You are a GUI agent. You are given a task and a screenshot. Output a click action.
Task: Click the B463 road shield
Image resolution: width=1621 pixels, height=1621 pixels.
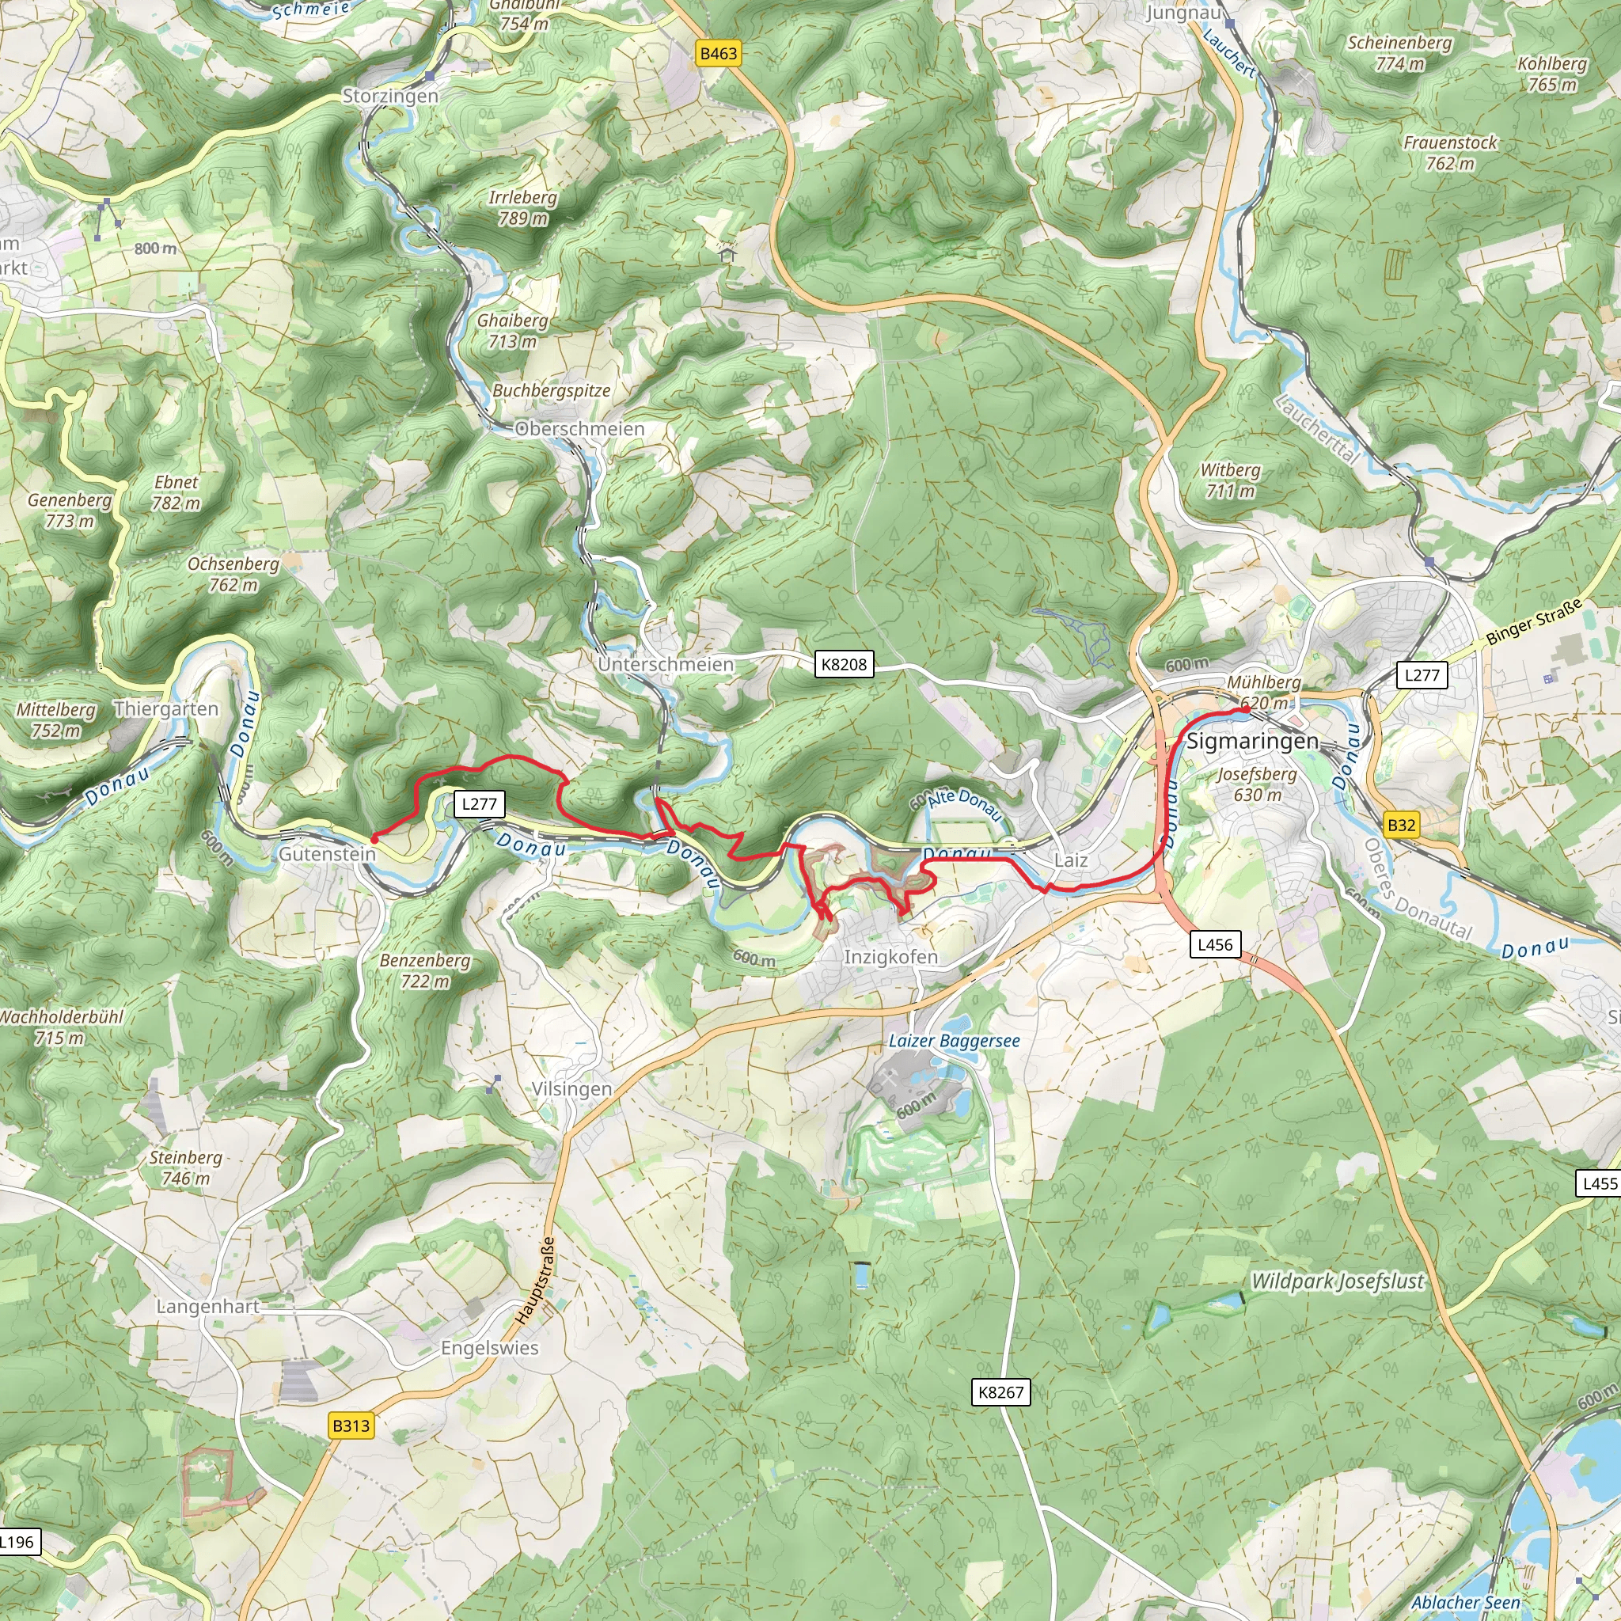[718, 54]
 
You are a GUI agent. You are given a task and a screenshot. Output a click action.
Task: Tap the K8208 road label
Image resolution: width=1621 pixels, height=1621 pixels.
[843, 665]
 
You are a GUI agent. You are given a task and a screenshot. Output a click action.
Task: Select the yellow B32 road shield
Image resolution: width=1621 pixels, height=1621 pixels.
[1401, 825]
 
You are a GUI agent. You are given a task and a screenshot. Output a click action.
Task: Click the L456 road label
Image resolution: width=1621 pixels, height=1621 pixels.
[1215, 945]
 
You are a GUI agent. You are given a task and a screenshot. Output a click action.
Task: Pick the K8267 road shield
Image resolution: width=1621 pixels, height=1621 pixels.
[1001, 1393]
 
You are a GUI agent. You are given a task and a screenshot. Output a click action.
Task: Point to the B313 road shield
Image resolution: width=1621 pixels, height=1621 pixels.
[351, 1425]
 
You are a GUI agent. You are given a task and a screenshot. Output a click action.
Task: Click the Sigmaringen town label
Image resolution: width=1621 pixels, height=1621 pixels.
[1252, 742]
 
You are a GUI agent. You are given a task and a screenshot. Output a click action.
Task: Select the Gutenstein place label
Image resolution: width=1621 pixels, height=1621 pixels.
[327, 854]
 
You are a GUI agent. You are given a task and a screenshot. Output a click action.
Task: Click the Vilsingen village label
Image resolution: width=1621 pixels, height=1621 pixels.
[571, 1089]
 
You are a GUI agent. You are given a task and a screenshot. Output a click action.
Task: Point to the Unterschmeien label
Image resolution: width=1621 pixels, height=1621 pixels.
[666, 665]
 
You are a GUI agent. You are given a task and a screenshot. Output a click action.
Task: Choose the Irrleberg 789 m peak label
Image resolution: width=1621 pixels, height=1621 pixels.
[522, 208]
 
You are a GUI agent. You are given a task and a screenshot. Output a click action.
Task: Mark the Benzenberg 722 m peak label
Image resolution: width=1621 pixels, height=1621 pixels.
[424, 970]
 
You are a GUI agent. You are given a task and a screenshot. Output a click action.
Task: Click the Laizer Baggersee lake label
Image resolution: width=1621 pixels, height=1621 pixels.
[954, 1042]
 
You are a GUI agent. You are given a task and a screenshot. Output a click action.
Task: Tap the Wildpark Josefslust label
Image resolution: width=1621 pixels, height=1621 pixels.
[1338, 1281]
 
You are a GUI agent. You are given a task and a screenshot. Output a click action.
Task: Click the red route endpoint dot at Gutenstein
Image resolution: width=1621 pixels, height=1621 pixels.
[374, 837]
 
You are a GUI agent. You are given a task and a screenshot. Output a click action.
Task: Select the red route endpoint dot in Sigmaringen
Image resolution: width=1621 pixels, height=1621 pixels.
[1246, 710]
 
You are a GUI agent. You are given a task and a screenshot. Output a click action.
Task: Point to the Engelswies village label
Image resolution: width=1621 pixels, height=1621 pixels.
[490, 1348]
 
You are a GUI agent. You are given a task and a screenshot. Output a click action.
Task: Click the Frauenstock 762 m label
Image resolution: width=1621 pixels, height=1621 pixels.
[1450, 153]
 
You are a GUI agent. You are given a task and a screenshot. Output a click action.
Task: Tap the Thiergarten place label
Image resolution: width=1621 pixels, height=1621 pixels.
[166, 709]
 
